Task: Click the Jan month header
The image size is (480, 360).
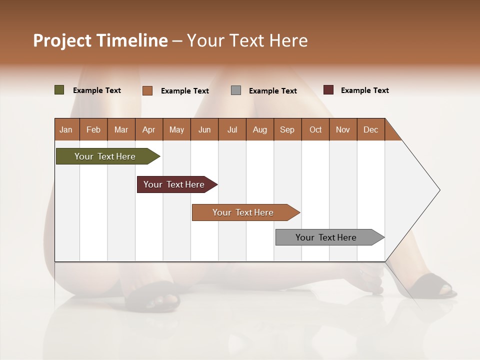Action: [x=66, y=129]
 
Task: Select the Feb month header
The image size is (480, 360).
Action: [x=93, y=129]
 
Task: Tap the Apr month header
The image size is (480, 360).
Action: [x=148, y=129]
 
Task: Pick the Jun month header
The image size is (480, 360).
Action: [x=204, y=129]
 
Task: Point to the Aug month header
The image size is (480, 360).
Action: [x=259, y=129]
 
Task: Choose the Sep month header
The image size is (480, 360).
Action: [x=287, y=129]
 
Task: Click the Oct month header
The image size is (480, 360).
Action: [x=315, y=129]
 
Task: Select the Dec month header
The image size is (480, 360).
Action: [x=370, y=129]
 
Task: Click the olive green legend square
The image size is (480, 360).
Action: [x=59, y=90]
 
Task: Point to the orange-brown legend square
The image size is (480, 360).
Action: [x=147, y=90]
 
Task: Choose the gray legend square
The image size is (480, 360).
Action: [x=236, y=90]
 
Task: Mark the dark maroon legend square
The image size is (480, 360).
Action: [x=328, y=90]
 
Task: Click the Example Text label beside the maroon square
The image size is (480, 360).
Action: [x=364, y=90]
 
